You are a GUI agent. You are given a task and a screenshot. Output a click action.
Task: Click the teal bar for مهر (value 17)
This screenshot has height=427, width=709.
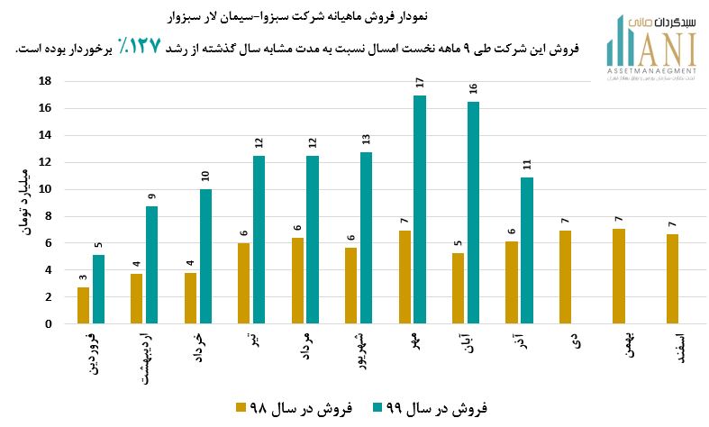tap(420, 210)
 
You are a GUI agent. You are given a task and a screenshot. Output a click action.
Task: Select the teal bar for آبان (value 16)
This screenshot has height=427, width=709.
tap(473, 213)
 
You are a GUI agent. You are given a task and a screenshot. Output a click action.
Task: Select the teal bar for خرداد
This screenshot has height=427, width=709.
tap(205, 257)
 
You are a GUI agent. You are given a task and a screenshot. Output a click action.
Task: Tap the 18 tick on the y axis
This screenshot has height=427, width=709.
tap(44, 81)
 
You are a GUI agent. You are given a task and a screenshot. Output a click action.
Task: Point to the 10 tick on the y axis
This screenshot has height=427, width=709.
tap(44, 189)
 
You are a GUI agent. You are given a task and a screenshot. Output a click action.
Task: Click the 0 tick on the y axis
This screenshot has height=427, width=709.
tap(47, 324)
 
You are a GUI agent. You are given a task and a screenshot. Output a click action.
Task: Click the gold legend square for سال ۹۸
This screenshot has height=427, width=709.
tap(241, 408)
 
